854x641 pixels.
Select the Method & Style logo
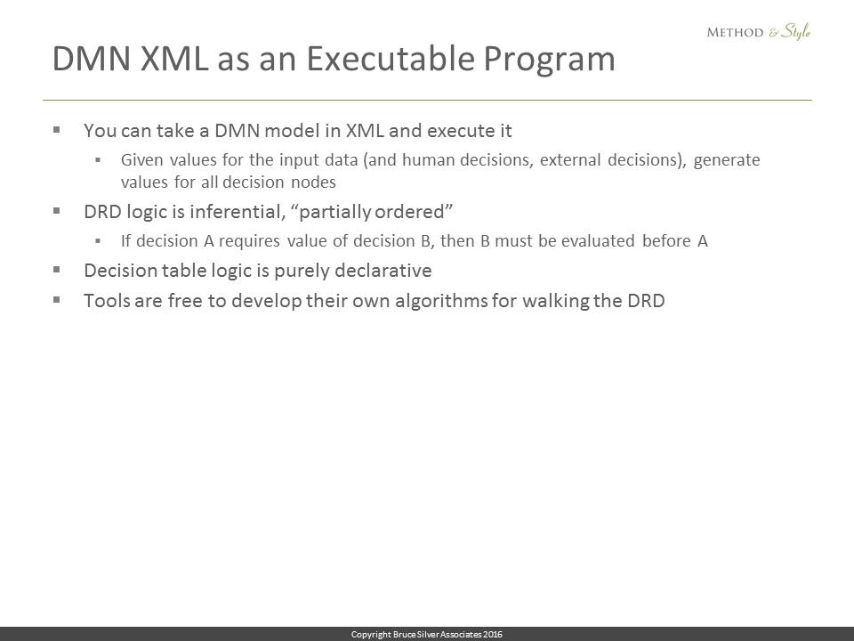click(758, 32)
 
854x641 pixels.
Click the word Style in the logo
click(795, 32)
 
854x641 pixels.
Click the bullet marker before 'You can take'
click(56, 130)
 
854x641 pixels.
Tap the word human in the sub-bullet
click(429, 159)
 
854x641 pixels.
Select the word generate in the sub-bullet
click(727, 161)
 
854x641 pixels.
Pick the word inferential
click(238, 212)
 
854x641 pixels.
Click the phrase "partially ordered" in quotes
click(375, 212)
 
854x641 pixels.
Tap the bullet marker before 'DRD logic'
click(56, 210)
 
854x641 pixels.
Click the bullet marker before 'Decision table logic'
click(56, 269)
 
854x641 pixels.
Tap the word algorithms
click(441, 301)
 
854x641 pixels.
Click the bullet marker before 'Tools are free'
click(56, 299)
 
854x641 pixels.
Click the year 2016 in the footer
click(492, 634)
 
